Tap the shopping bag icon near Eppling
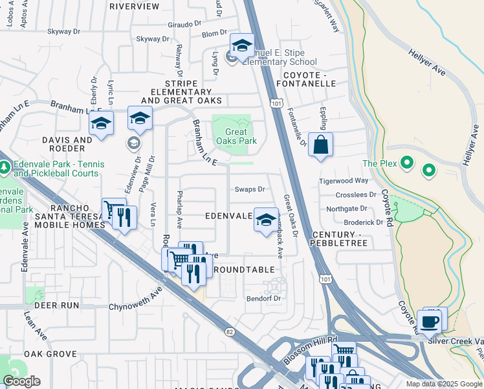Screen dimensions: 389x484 pyautogui.click(x=320, y=145)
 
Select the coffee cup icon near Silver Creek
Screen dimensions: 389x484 pyautogui.click(x=428, y=320)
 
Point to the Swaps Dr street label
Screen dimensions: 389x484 pyautogui.click(x=250, y=189)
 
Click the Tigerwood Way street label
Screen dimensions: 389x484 pyautogui.click(x=343, y=181)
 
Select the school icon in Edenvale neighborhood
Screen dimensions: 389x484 pyautogui.click(x=265, y=220)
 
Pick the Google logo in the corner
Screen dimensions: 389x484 pyautogui.click(x=21, y=381)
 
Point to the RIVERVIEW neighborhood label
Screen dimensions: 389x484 pyautogui.click(x=135, y=6)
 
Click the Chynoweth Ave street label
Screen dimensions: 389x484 pyautogui.click(x=135, y=298)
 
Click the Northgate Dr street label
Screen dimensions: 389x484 pyautogui.click(x=346, y=208)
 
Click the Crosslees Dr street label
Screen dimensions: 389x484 pyautogui.click(x=356, y=194)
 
